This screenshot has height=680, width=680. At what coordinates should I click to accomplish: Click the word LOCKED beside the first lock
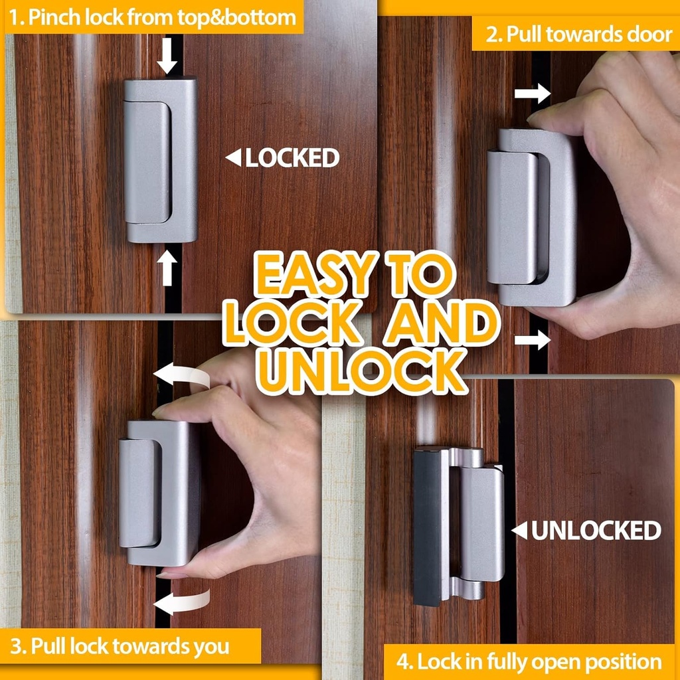coord(292,158)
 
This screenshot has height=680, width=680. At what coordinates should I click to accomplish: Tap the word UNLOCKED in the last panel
coord(596,531)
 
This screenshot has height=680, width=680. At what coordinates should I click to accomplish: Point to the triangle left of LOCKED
coord(233,158)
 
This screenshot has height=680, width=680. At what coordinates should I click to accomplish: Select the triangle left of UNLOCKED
coord(519,531)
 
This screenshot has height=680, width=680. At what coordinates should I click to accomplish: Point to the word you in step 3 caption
coord(212,646)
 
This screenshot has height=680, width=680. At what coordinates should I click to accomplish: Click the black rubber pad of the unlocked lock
coord(427,528)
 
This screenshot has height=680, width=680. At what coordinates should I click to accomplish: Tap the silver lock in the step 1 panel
coord(160,159)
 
